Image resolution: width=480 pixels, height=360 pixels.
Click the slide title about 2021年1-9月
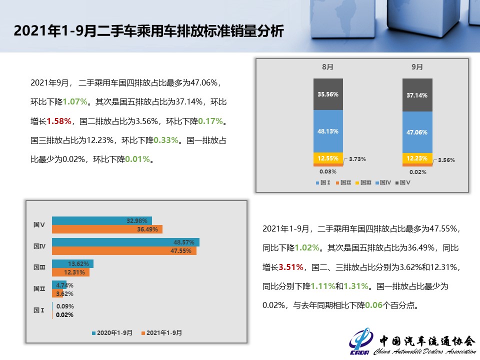click(x=148, y=31)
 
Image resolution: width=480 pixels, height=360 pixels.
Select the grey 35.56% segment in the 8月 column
click(x=328, y=94)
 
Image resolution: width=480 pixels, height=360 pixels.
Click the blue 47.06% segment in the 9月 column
click(x=417, y=132)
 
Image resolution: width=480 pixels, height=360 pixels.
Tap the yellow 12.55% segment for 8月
click(x=328, y=158)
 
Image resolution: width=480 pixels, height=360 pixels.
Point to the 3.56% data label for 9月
click(x=446, y=160)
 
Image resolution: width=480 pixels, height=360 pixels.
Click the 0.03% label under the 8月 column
click(x=328, y=171)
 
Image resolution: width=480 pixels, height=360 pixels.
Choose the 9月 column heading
click(x=417, y=66)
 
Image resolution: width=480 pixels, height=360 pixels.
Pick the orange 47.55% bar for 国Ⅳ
click(x=124, y=250)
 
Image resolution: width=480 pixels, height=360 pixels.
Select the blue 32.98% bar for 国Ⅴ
click(x=101, y=220)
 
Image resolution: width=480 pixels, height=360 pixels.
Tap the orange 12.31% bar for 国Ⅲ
click(x=70, y=272)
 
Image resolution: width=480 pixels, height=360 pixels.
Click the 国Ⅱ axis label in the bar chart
click(x=39, y=288)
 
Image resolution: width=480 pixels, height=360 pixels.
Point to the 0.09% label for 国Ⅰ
click(x=65, y=306)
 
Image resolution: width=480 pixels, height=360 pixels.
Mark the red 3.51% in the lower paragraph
click(x=291, y=267)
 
